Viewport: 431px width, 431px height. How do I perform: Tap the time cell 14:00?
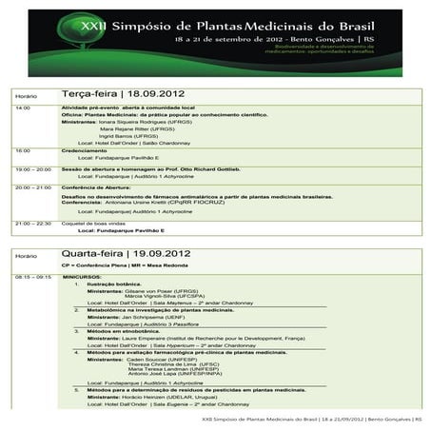[x=23, y=108]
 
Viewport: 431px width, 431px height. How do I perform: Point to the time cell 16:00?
[x=23, y=150]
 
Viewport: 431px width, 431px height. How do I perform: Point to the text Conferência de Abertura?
[x=99, y=187]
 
